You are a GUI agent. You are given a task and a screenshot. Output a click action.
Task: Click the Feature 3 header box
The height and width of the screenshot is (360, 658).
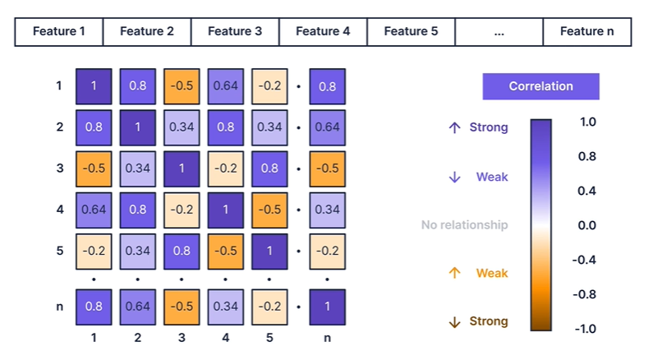point(235,32)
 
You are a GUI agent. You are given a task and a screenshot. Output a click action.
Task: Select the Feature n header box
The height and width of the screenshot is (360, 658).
point(587,32)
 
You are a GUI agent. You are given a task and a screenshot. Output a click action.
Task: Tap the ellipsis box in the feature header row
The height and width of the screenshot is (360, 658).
point(499,32)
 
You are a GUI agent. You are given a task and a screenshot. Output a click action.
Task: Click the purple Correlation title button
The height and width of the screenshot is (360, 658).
point(541,86)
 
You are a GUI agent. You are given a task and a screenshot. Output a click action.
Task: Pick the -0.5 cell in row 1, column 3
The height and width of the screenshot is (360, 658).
point(182,85)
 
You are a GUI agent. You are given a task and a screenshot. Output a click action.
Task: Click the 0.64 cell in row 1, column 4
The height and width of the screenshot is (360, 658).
point(226,85)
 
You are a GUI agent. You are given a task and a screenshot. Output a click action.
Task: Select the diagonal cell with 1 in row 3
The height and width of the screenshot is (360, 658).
point(182,168)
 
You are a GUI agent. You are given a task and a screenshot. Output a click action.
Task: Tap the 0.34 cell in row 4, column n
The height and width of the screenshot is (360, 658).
point(328,210)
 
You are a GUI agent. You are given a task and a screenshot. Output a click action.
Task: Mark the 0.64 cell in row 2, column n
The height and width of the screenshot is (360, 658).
point(328,127)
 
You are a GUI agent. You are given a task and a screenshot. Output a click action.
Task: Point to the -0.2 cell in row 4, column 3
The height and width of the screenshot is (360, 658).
point(182,210)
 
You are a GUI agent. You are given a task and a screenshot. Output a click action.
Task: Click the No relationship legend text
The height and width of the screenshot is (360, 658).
point(464,225)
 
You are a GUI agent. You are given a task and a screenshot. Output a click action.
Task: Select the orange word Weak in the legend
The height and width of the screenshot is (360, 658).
point(492,273)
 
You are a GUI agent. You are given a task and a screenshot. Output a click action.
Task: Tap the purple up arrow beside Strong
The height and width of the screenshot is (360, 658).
point(454,127)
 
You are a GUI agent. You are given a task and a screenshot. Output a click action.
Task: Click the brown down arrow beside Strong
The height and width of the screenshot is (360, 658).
point(454,321)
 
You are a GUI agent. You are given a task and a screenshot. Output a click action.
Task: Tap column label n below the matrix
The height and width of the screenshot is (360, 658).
point(328,336)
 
